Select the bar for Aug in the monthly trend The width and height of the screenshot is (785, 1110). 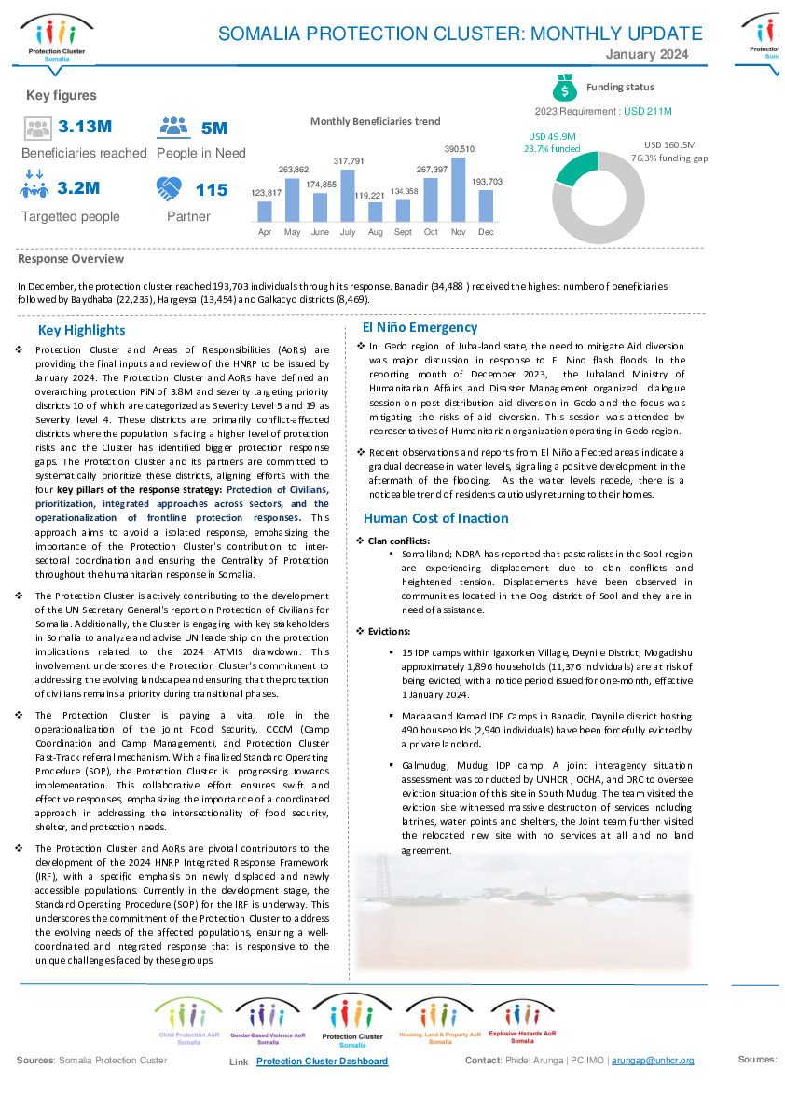coord(375,212)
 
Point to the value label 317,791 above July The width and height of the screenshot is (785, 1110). coord(347,161)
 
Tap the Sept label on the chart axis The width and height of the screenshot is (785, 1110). coord(403,231)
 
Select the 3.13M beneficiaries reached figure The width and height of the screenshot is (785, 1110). coord(85,127)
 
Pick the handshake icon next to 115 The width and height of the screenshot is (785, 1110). coord(172,189)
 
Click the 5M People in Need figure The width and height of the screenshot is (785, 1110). coord(214,129)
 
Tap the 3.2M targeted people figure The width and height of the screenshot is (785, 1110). coord(78,189)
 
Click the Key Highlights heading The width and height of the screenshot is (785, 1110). coord(81,330)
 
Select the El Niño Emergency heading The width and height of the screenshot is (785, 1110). coord(420,327)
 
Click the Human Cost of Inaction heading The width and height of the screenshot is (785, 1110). coord(435,518)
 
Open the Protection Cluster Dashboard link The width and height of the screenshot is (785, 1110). coord(322,1061)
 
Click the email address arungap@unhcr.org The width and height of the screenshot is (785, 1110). coord(653,1061)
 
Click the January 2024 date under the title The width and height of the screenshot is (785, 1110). coord(647,55)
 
